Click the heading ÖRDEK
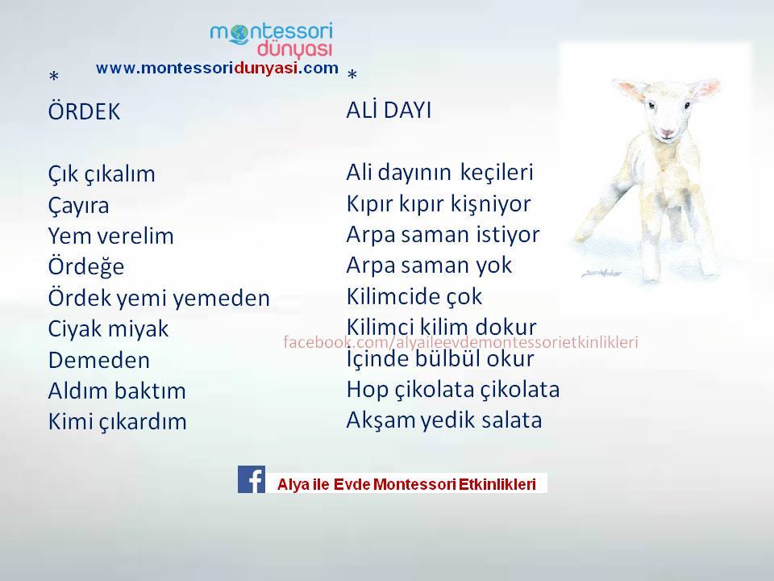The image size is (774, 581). coord(85,111)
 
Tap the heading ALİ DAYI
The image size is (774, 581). coord(389,109)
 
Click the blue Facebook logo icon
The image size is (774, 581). coord(252,479)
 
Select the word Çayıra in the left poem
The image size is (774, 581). coord(78,206)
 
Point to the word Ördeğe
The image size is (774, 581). coord(86,267)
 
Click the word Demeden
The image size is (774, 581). coord(98,360)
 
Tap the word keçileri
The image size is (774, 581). coord(497,173)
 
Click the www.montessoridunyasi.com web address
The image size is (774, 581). coord(217,68)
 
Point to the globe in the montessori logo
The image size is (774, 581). coord(239,33)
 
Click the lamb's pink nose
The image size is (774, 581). coord(667,132)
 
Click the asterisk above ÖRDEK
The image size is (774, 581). coord(54,76)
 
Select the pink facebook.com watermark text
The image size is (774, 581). coord(460,342)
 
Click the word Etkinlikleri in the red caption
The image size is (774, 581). coord(497,484)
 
